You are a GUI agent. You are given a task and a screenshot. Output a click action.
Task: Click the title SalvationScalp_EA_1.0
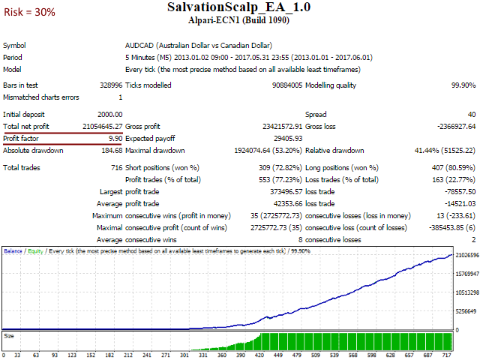(239, 7)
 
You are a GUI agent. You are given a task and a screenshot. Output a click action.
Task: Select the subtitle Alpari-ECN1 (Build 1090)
(239, 20)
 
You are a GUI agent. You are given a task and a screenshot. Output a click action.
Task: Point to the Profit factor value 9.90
(115, 139)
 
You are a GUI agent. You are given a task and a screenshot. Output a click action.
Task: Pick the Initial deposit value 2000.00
(105, 114)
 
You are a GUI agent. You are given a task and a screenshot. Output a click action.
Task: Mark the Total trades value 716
(115, 167)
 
